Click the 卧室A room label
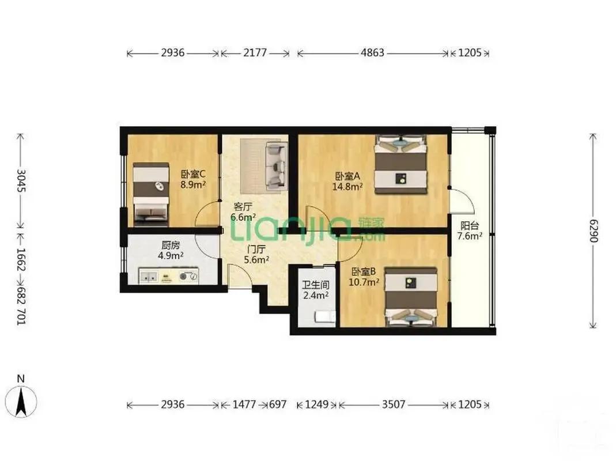point(347,176)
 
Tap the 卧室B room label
point(364,271)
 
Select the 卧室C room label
point(193,174)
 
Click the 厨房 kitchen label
point(171,245)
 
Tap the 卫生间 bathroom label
point(315,285)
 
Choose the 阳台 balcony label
point(470,225)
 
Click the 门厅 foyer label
point(256,249)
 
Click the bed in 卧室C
point(151,195)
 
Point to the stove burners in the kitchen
point(188,276)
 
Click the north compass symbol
point(21,401)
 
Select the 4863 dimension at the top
point(372,52)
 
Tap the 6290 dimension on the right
point(593,231)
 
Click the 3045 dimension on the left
point(21,180)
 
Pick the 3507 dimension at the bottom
point(393,404)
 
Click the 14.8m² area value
point(347,187)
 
